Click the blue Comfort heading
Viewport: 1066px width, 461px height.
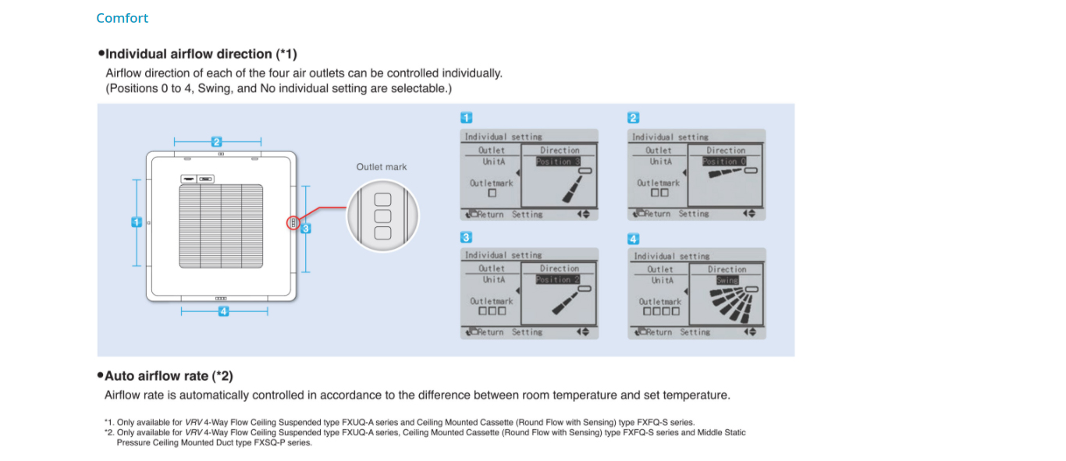pos(122,18)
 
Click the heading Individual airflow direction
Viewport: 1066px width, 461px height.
pos(201,54)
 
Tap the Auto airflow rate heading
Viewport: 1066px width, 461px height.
pos(169,376)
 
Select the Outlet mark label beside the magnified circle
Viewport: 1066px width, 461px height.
pos(382,167)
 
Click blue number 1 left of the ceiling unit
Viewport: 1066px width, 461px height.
pos(137,222)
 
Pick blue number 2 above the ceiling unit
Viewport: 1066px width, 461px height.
pos(217,142)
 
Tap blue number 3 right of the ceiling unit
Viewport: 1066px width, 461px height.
pos(306,229)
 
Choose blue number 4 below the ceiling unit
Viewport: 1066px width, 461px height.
pos(224,311)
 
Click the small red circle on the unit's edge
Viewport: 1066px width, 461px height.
pos(293,223)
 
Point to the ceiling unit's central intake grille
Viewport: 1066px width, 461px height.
pos(221,226)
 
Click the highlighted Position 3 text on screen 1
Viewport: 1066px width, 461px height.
pos(558,162)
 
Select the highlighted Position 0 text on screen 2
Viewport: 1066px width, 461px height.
pos(724,162)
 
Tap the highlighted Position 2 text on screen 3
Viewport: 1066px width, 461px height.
pos(558,280)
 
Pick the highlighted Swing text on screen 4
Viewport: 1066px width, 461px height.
pos(727,281)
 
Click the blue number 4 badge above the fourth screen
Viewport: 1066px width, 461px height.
pos(633,239)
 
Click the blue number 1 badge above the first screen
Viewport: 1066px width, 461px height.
pos(466,118)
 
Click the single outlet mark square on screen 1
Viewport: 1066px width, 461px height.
pos(492,193)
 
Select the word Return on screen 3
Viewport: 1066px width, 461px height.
pos(491,332)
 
